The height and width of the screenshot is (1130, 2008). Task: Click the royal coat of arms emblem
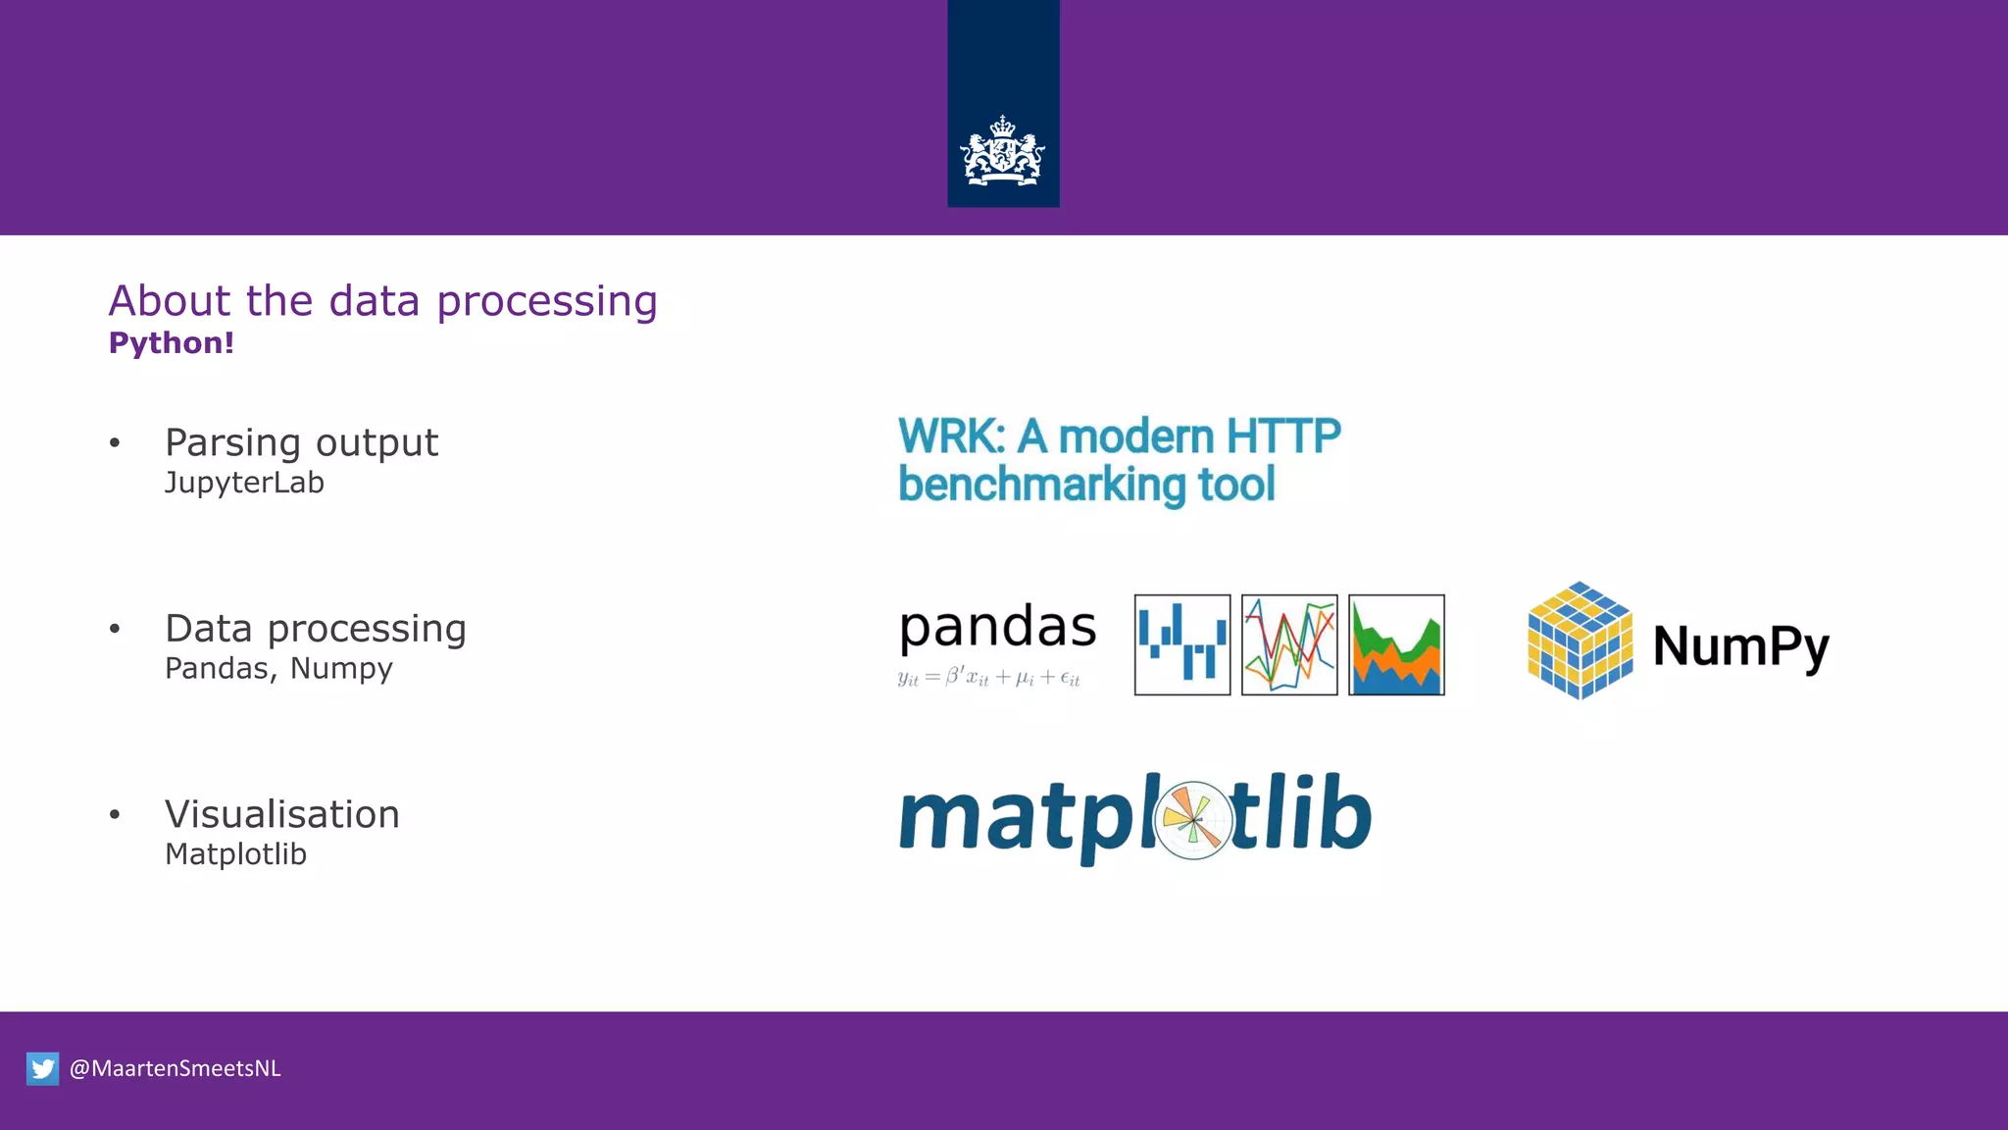tap(1002, 152)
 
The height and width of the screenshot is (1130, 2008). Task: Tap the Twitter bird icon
tap(42, 1068)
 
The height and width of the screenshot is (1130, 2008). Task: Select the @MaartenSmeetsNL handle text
tap(175, 1068)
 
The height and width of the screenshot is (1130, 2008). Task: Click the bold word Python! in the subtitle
tap(172, 343)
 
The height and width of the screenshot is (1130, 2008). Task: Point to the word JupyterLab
tap(244, 483)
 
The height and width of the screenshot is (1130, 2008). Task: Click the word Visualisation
tap(282, 814)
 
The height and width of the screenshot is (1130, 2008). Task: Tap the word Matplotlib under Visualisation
tap(235, 854)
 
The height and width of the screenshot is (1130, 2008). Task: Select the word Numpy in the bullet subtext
tap(341, 668)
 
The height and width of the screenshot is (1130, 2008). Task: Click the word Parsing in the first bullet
tap(232, 443)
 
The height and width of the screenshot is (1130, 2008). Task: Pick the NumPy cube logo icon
tap(1580, 641)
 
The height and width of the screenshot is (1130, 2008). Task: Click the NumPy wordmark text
tap(1740, 646)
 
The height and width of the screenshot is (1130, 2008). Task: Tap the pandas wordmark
tap(997, 628)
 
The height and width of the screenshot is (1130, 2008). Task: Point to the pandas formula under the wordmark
tap(988, 677)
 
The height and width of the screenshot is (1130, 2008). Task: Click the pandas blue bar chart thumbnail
tap(1181, 644)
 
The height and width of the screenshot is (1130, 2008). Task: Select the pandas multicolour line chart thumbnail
tap(1289, 644)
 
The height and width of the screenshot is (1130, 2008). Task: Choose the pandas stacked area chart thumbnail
tap(1396, 644)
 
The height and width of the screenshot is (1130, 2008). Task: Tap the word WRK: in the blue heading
tap(951, 437)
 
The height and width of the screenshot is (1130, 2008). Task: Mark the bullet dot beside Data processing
tap(115, 629)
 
